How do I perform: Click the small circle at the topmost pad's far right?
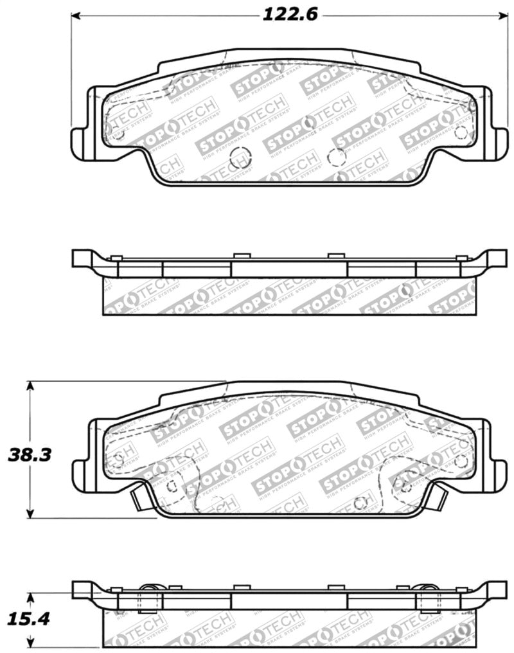click(460, 132)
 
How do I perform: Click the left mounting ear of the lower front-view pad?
click(80, 469)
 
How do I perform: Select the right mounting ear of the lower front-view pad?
click(496, 469)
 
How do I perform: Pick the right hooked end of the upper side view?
click(496, 258)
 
